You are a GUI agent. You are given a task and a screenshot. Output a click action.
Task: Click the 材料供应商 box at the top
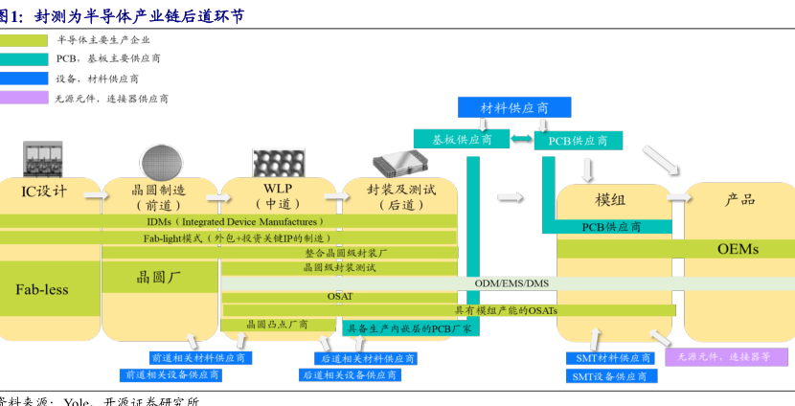pos(514,107)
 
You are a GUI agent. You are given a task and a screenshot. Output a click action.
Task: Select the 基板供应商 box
pos(463,139)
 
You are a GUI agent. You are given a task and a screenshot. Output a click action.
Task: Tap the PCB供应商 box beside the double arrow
pos(578,141)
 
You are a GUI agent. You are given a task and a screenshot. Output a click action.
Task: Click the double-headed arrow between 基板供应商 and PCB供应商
pos(521,140)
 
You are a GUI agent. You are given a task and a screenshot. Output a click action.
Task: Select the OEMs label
pos(738,249)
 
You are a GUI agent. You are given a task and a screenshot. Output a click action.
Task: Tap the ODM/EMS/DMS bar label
pos(511,283)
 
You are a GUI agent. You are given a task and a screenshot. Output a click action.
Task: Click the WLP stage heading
pos(278,189)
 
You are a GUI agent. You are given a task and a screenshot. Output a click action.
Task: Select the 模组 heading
pos(610,199)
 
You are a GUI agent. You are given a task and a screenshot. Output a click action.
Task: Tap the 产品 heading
pos(739,199)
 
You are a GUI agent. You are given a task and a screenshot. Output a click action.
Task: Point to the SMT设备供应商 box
pos(609,376)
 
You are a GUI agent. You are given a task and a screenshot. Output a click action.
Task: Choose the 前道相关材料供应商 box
pos(197,358)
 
